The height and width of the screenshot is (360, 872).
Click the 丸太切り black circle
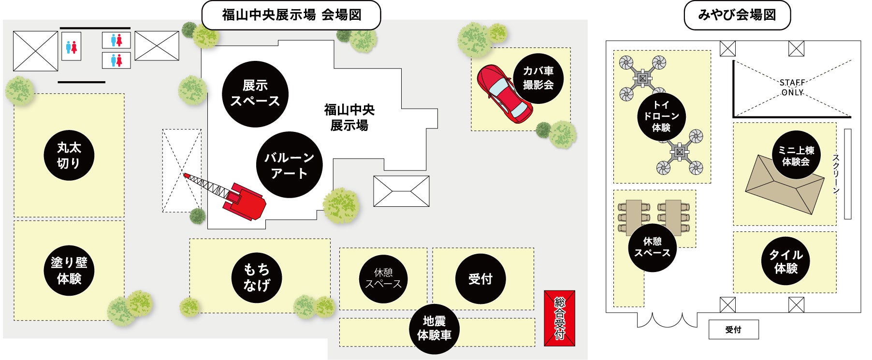[x=69, y=156]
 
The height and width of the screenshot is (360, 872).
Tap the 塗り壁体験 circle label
[x=69, y=270]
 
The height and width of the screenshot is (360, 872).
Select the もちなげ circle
[x=257, y=277]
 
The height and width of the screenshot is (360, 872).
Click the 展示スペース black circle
[x=255, y=94]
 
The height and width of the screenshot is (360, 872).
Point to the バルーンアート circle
[x=289, y=165]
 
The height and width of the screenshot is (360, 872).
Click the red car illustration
[x=503, y=94]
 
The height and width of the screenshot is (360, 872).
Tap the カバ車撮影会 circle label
[x=538, y=78]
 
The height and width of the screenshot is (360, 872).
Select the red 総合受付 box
[x=559, y=318]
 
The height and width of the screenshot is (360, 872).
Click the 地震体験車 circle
[x=434, y=328]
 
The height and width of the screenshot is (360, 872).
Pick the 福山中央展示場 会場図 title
[x=291, y=15]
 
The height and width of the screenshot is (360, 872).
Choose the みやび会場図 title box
[x=737, y=15]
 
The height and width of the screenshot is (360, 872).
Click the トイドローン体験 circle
[x=661, y=116]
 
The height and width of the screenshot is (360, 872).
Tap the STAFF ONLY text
[x=792, y=88]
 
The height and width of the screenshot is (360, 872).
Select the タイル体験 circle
[x=785, y=261]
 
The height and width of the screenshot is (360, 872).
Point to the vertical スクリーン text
[x=836, y=174]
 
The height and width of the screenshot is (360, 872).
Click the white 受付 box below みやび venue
[x=733, y=330]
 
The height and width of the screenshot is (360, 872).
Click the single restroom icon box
[x=72, y=47]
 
